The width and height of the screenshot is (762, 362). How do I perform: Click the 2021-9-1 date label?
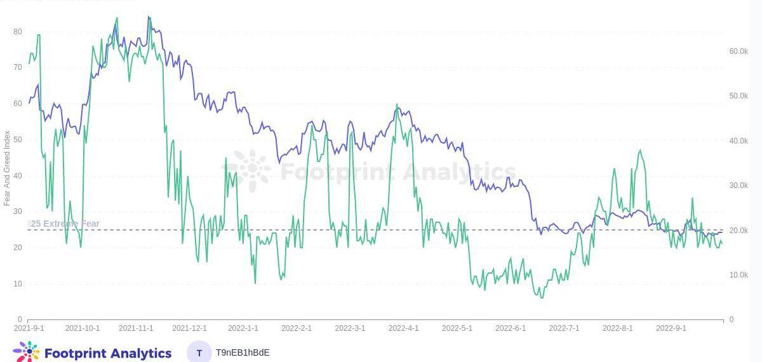pyautogui.click(x=29, y=328)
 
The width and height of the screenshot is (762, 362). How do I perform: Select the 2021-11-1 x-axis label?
pyautogui.click(x=136, y=328)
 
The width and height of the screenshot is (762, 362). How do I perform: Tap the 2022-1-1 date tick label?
pyautogui.click(x=243, y=328)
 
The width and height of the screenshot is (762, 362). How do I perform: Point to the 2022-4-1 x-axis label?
pyautogui.click(x=403, y=328)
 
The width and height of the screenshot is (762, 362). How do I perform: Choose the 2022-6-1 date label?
pyautogui.click(x=511, y=328)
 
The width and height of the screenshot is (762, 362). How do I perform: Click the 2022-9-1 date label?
pyautogui.click(x=671, y=328)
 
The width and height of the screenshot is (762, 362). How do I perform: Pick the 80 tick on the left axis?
pyautogui.click(x=18, y=32)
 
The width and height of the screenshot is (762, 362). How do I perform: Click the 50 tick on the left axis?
pyautogui.click(x=18, y=140)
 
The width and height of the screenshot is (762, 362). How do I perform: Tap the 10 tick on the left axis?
pyautogui.click(x=18, y=284)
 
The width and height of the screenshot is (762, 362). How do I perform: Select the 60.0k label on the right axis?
pyautogui.click(x=739, y=51)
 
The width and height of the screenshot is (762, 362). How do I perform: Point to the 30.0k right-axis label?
pyautogui.click(x=739, y=185)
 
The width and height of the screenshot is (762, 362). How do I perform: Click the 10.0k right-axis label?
pyautogui.click(x=739, y=275)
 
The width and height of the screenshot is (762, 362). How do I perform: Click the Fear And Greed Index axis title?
pyautogui.click(x=7, y=168)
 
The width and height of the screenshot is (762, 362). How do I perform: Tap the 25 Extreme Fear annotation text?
pyautogui.click(x=64, y=224)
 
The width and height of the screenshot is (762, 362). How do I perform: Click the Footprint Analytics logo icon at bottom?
pyautogui.click(x=26, y=352)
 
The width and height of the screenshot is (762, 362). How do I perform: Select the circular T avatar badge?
pyautogui.click(x=199, y=352)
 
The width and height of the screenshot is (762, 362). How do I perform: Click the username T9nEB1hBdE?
pyautogui.click(x=243, y=352)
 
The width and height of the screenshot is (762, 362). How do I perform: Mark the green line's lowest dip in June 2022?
pyautogui.click(x=542, y=297)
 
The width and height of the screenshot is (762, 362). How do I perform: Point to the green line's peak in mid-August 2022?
pyautogui.click(x=640, y=151)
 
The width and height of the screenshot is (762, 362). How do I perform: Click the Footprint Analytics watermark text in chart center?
pyautogui.click(x=398, y=171)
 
